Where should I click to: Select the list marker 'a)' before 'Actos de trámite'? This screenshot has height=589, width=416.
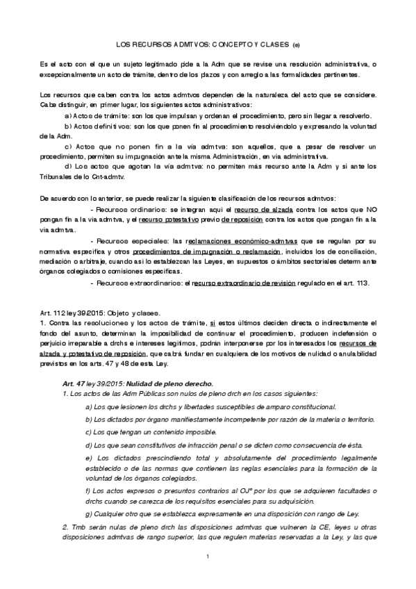pyautogui.click(x=67, y=115)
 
